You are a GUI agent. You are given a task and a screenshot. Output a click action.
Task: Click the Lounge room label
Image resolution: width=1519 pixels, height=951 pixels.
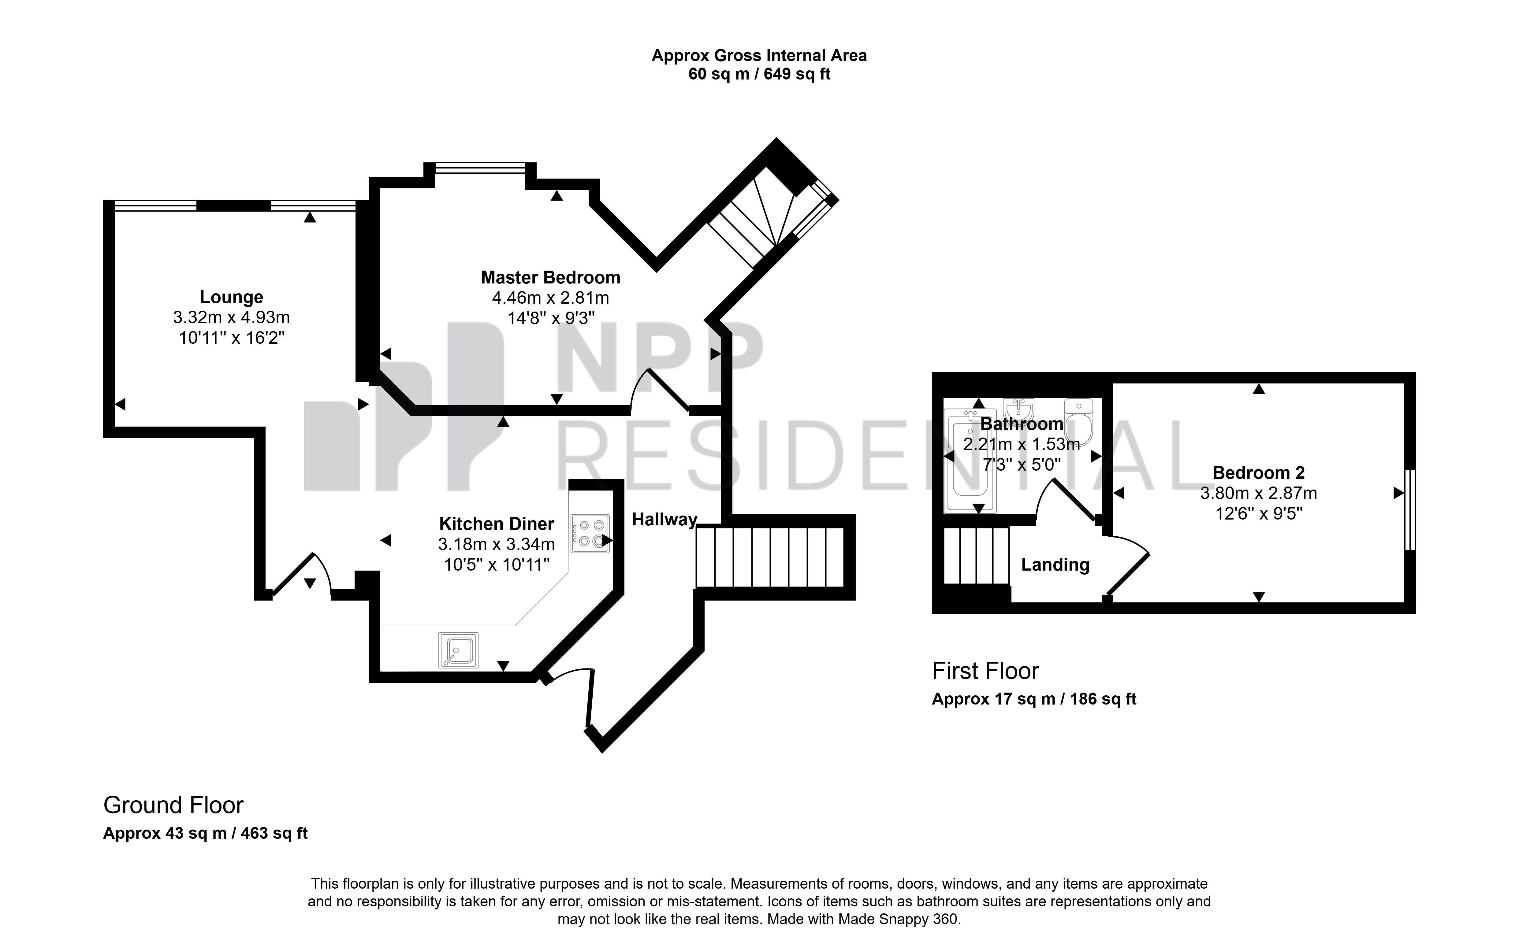coord(232,297)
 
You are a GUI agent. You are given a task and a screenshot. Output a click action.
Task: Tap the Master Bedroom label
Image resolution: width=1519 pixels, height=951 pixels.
coord(551,277)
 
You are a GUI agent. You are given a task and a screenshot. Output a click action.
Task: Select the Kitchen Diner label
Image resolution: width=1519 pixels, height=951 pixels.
coord(497,524)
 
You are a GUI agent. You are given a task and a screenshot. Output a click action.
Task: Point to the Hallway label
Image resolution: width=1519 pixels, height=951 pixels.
coord(665,520)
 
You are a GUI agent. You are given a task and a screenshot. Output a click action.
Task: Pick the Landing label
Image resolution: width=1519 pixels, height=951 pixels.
coord(1055,565)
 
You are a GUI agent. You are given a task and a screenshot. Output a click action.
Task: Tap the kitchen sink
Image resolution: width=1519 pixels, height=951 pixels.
coord(458,650)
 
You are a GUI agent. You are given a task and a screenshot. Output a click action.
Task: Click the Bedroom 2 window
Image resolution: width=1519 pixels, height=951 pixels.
coord(1410,509)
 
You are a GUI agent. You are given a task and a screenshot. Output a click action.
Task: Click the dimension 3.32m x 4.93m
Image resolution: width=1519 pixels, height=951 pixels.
coord(232,318)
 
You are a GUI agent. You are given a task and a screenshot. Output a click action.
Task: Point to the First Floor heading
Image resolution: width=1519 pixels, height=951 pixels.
coord(985,671)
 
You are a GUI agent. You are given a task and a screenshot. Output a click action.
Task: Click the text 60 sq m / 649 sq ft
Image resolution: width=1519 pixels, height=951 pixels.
coord(759,74)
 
